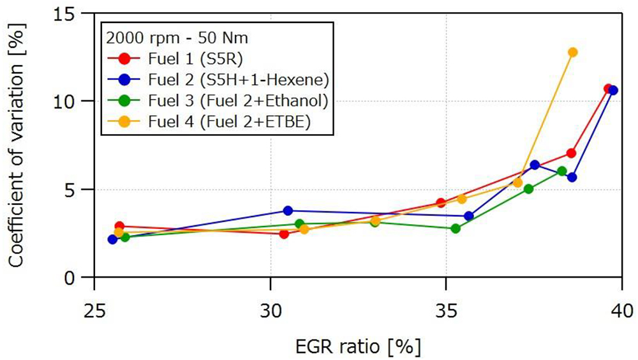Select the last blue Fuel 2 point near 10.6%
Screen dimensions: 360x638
click(612, 90)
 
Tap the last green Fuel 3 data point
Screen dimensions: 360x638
click(561, 171)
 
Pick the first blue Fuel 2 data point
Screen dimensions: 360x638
click(112, 239)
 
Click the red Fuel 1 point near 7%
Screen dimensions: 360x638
click(571, 153)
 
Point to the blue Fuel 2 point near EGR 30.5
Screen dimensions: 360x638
click(288, 211)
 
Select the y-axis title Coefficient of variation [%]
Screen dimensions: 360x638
click(17, 146)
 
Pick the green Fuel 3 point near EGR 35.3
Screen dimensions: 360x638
click(456, 228)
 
